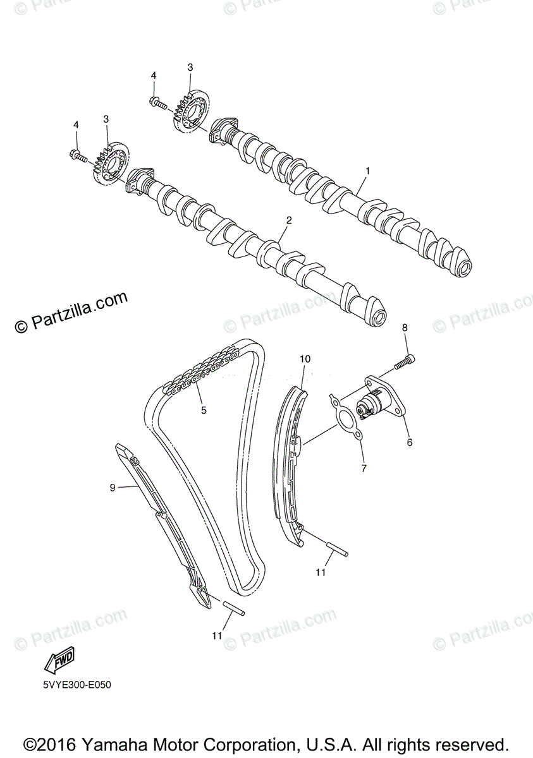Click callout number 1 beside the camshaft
click(367, 171)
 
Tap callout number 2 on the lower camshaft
click(289, 220)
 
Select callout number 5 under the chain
click(204, 410)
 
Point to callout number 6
click(409, 443)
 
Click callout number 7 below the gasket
click(364, 468)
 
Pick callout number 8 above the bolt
click(405, 327)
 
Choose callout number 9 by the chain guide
click(113, 487)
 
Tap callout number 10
click(305, 359)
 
